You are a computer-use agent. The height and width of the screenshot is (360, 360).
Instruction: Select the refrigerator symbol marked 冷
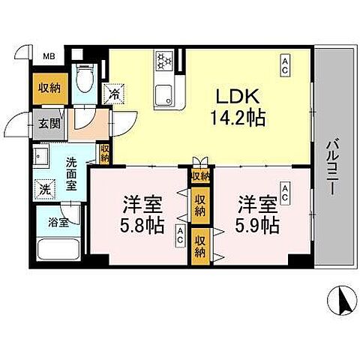(x=114, y=94)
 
